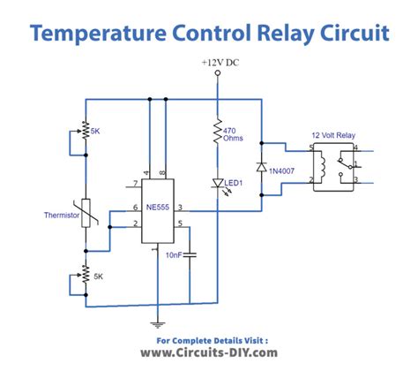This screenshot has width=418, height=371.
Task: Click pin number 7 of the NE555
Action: [x=133, y=185]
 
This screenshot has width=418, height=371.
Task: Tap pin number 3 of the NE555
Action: [x=180, y=208]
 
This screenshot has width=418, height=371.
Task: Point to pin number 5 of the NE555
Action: [x=180, y=224]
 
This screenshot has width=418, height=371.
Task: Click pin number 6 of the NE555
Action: [x=133, y=208]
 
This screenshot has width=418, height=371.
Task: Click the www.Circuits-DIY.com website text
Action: [x=209, y=353]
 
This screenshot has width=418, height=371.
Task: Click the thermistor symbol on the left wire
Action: [x=86, y=213]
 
